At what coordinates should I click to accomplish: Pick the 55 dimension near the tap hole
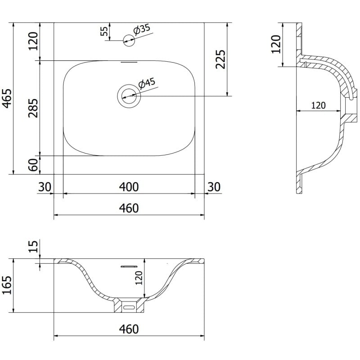[x=104, y=31]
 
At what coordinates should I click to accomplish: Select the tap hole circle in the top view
[x=129, y=41]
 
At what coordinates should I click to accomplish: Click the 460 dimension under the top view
[x=129, y=208]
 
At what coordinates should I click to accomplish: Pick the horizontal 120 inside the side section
[x=318, y=105]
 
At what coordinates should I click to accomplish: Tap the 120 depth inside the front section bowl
[x=139, y=278]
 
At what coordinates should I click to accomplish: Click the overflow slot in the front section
[x=128, y=266]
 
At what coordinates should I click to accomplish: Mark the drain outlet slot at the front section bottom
[x=130, y=307]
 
